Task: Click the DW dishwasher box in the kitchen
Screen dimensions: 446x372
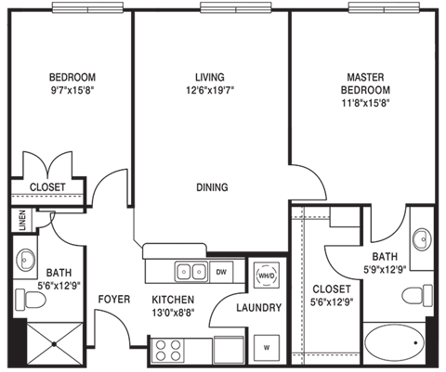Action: click(221, 272)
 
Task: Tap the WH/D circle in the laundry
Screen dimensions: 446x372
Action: click(267, 276)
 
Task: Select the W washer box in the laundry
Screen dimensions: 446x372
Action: click(267, 348)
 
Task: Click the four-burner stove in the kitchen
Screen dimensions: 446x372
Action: click(168, 351)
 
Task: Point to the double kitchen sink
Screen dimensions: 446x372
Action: click(191, 272)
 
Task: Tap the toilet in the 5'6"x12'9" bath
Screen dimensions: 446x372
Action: click(31, 299)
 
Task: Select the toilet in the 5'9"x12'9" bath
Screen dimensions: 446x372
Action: click(417, 296)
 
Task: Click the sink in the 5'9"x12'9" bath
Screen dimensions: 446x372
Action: click(422, 239)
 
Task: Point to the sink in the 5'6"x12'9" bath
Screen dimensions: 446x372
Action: click(25, 260)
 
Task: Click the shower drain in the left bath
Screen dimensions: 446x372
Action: click(55, 344)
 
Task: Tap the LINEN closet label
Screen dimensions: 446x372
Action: click(22, 221)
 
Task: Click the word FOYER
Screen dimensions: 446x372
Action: click(114, 300)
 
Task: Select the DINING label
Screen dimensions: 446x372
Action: click(212, 187)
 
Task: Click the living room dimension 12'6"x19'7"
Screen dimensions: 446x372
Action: click(210, 90)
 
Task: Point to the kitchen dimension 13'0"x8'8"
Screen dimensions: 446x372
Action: click(173, 313)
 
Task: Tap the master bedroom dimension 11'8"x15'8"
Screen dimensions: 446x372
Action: click(365, 103)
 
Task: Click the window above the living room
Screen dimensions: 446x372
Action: click(236, 7)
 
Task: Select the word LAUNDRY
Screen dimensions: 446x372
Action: click(259, 308)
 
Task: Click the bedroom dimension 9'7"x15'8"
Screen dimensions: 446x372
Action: click(72, 90)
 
